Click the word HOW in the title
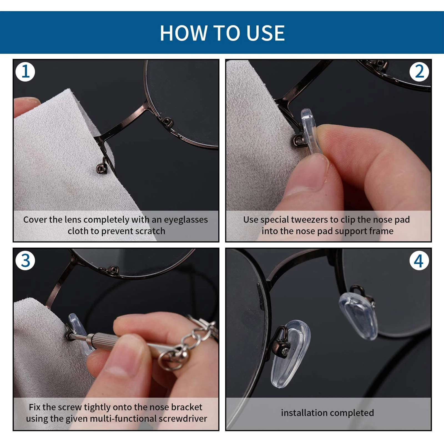(x=183, y=33)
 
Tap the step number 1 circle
(x=25, y=72)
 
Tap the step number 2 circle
(x=419, y=72)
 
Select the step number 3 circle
(x=25, y=261)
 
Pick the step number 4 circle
(x=419, y=261)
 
